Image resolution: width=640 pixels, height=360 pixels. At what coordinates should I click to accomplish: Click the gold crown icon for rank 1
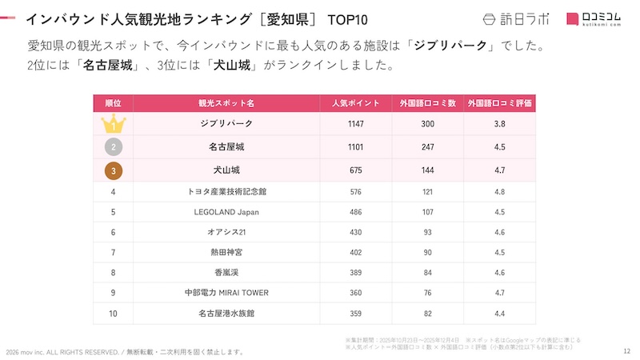click(x=114, y=124)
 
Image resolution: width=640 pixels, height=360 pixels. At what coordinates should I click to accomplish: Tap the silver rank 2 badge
click(x=114, y=147)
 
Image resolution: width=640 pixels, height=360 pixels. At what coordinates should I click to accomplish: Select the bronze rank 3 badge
click(x=114, y=170)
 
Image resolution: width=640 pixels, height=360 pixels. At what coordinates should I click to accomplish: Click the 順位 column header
click(x=114, y=103)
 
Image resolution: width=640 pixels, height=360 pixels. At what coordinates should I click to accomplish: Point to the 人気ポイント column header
click(x=355, y=103)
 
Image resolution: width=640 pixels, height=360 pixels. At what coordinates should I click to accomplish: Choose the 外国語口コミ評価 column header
click(x=501, y=103)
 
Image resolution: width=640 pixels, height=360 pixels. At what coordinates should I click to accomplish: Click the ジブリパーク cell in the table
click(x=226, y=124)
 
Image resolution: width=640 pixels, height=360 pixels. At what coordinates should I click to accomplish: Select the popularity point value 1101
click(x=355, y=147)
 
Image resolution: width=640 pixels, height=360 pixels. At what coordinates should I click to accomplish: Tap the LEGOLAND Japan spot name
click(x=226, y=212)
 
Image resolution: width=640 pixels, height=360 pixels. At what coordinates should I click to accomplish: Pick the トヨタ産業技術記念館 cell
click(x=226, y=192)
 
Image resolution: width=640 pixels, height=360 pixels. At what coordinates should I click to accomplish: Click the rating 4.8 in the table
click(x=501, y=192)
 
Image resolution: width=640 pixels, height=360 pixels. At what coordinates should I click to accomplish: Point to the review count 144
click(x=428, y=170)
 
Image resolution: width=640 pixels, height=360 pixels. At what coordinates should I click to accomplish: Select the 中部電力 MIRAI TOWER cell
click(x=226, y=294)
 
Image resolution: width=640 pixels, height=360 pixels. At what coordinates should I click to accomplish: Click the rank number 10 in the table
click(x=114, y=314)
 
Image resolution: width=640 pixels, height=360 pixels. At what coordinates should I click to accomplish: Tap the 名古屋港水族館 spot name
click(x=226, y=314)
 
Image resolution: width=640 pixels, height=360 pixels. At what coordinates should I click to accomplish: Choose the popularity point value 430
click(x=355, y=232)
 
